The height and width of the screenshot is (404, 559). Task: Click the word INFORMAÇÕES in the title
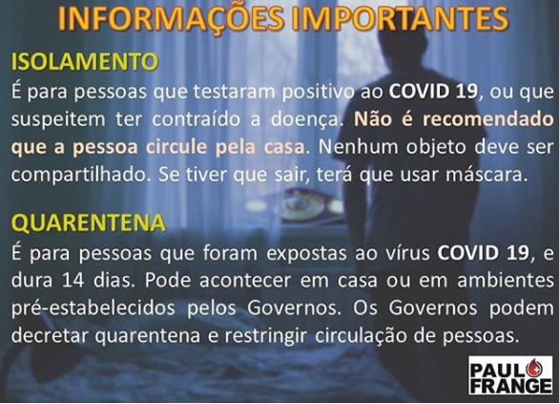tap(171, 18)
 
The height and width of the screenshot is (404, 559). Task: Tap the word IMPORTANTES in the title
tap(401, 18)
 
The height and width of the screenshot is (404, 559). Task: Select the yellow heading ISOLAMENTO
tap(85, 61)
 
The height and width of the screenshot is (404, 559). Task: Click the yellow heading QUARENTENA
tap(89, 223)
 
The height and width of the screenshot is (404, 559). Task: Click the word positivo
tap(318, 93)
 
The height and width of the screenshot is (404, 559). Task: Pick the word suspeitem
tap(58, 120)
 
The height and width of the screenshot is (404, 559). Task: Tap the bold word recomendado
tap(488, 118)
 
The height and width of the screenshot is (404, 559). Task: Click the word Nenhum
tap(359, 147)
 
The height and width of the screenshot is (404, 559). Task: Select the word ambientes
tap(506, 281)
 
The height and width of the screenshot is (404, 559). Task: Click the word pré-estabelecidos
tap(93, 308)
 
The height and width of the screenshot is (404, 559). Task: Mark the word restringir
tap(267, 335)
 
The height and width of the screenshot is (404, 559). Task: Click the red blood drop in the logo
tap(532, 368)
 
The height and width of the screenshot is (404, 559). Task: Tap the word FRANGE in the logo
tap(510, 386)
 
